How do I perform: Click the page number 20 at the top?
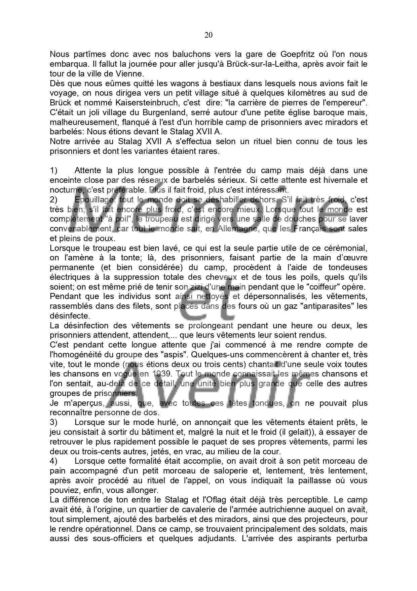[x=208, y=35]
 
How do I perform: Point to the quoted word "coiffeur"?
[x=314, y=287]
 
